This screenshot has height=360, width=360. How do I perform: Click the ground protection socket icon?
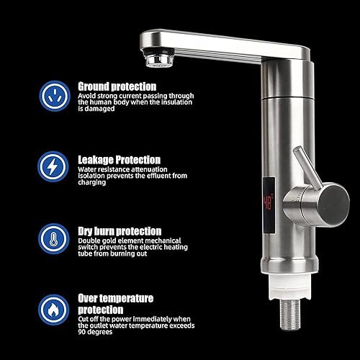tap(55, 96)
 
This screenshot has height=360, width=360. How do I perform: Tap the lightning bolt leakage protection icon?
tap(53, 166)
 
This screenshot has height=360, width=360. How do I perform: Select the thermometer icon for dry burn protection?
tap(53, 238)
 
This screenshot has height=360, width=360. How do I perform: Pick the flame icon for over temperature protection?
tap(53, 310)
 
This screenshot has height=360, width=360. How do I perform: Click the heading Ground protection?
tap(117, 86)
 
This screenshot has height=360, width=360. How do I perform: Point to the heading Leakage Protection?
tap(120, 160)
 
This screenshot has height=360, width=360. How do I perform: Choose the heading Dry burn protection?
tap(120, 231)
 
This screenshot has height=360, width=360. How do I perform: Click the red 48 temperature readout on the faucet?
tap(269, 203)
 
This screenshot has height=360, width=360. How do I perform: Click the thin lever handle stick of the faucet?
tap(307, 168)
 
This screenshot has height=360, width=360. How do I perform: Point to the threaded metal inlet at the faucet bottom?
tap(290, 315)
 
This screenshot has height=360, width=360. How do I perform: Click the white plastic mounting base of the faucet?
tap(290, 287)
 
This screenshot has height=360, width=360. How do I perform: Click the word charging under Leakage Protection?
tap(92, 182)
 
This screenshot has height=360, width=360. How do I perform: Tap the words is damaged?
tap(96, 109)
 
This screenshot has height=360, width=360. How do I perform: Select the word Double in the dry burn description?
tap(88, 240)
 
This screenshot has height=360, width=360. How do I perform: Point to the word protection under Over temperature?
tap(101, 310)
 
